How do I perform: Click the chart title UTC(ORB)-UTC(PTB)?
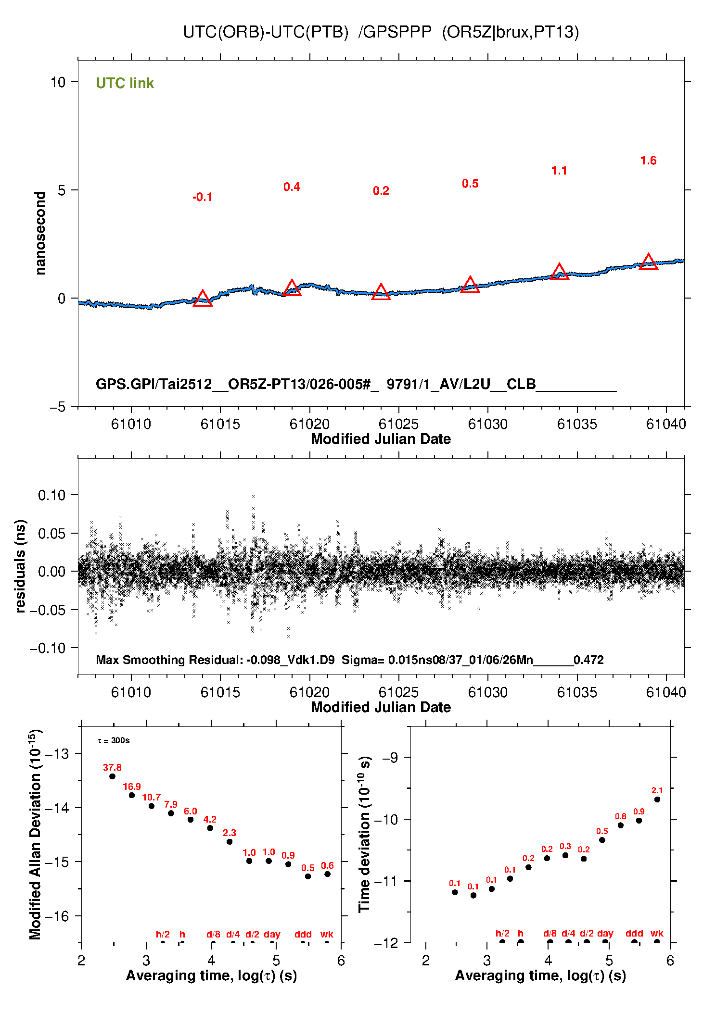(x=265, y=32)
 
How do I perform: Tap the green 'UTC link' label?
(x=125, y=83)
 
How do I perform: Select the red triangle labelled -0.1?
(x=203, y=299)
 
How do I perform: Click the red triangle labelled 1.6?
(x=648, y=262)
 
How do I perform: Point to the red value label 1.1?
(x=559, y=171)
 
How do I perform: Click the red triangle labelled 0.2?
(x=381, y=292)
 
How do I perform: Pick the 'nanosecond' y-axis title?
(x=40, y=233)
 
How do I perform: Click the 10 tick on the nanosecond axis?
(x=58, y=82)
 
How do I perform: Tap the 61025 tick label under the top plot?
(x=398, y=424)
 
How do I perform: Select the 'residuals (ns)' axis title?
(x=20, y=566)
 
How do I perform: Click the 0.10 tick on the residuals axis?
(x=51, y=495)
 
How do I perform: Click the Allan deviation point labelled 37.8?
(x=112, y=776)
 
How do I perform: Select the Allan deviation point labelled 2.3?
(x=230, y=841)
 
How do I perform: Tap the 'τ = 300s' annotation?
(x=114, y=740)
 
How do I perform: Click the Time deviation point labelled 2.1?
(x=657, y=800)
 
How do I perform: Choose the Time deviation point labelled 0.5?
(x=602, y=840)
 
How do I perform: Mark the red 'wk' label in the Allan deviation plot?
(x=327, y=934)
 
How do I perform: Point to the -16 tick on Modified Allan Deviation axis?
(x=56, y=916)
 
